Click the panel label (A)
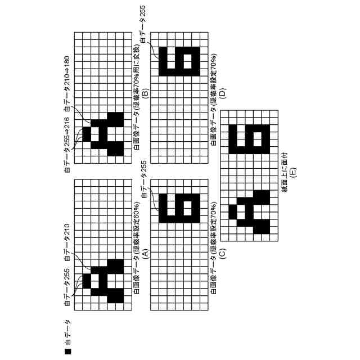click(x=145, y=254)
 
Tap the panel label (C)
click(x=222, y=254)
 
